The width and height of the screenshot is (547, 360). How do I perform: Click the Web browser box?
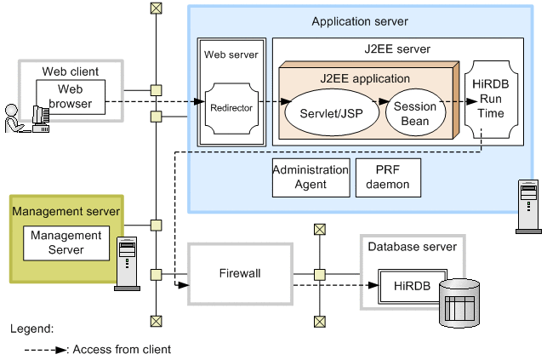tap(71, 97)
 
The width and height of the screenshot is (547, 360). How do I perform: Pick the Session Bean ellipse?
tap(414, 114)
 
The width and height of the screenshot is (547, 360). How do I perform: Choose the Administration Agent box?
tap(311, 177)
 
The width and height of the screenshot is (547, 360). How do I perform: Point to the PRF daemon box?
tap(387, 177)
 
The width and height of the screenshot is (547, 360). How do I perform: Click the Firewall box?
tap(239, 274)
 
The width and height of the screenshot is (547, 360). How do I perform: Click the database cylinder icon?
tap(459, 303)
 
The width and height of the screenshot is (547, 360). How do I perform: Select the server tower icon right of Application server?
tap(527, 206)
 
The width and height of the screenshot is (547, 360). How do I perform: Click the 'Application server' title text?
tap(360, 21)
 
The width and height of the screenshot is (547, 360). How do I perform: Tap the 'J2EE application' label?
tap(365, 78)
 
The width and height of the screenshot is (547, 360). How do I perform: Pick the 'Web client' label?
tap(71, 71)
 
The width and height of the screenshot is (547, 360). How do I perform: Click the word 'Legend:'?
tap(32, 328)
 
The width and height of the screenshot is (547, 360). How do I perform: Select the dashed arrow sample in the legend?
tap(46, 349)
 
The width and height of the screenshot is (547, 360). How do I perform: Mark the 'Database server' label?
tap(412, 247)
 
